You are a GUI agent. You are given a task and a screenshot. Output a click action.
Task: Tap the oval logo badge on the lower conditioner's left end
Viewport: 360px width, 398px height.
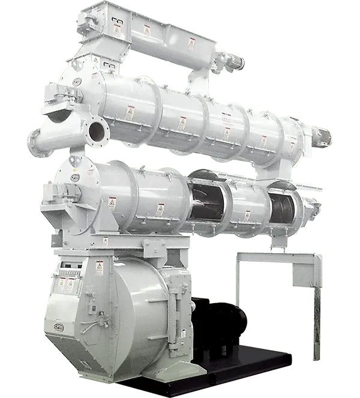(74, 178)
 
